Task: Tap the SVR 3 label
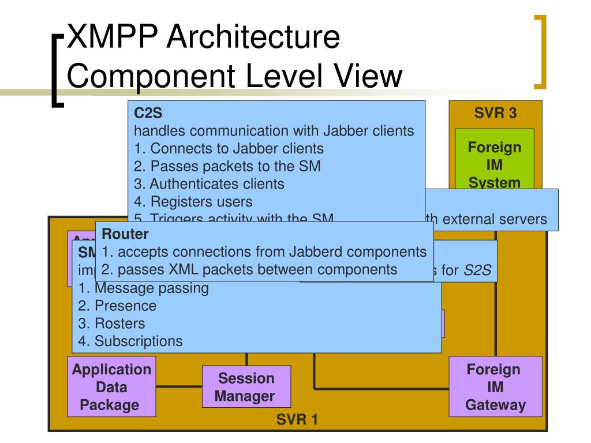coord(495,113)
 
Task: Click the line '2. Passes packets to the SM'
coord(227,166)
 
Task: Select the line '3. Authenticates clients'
coord(209,184)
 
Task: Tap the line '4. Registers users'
coord(193,202)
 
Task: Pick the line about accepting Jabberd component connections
coord(264,252)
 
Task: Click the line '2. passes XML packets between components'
coord(249,269)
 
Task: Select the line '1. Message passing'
coord(144,288)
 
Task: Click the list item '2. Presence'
coord(117,306)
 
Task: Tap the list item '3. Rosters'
coord(112,324)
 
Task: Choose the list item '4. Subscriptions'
coord(130,341)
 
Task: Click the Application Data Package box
coord(111,386)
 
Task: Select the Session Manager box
coord(246,387)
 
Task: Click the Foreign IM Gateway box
coord(495,386)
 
